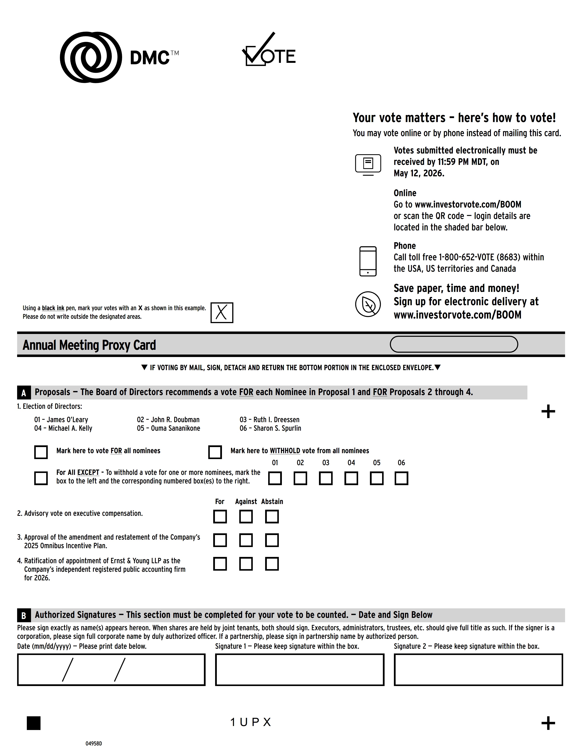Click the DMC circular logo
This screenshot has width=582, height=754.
tap(91, 57)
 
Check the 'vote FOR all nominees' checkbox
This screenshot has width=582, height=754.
tap(41, 452)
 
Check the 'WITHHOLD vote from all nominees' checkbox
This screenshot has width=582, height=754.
tap(215, 452)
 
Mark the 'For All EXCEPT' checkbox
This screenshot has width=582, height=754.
tap(41, 478)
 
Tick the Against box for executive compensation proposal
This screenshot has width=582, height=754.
tap(246, 517)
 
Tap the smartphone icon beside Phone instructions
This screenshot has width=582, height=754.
tap(368, 261)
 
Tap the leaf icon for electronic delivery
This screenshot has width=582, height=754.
tap(368, 304)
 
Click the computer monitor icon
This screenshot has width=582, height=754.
tap(368, 164)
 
